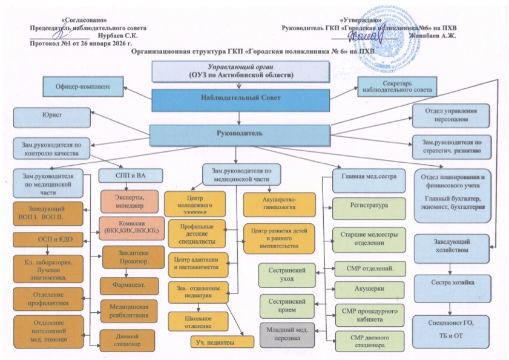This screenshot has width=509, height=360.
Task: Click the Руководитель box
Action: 241,133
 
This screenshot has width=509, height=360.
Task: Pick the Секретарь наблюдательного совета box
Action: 396,86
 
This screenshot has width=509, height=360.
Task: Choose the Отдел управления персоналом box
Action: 450,115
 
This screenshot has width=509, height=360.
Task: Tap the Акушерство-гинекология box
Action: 279,203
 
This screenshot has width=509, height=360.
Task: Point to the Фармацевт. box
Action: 128,283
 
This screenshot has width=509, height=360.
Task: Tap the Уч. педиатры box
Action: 222,342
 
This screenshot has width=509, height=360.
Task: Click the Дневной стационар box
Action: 128,339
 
